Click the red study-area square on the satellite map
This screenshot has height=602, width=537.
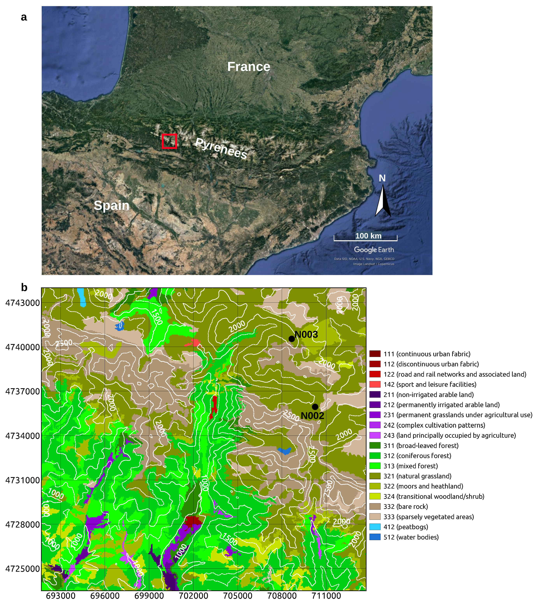pyautogui.click(x=169, y=141)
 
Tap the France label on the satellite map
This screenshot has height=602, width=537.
pyautogui.click(x=248, y=67)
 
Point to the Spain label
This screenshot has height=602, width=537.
pyautogui.click(x=111, y=205)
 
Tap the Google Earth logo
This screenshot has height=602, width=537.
pyautogui.click(x=374, y=250)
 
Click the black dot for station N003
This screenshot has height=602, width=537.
pyautogui.click(x=291, y=339)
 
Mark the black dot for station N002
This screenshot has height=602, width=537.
pyautogui.click(x=315, y=407)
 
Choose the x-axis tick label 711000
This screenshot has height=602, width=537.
pyautogui.click(x=326, y=596)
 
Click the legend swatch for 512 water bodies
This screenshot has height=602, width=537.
pyautogui.click(x=375, y=537)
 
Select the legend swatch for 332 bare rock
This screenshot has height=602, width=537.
pyautogui.click(x=375, y=507)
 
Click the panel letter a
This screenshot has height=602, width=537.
pyautogui.click(x=24, y=17)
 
